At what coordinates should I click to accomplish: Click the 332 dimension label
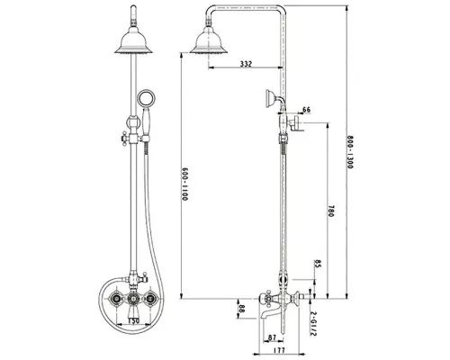click(246, 64)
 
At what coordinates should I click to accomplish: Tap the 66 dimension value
click(306, 110)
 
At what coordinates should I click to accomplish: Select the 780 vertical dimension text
click(330, 211)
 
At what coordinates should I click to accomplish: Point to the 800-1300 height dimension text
click(350, 152)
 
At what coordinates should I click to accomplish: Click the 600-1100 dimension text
click(184, 184)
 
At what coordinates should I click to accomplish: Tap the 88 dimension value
click(241, 309)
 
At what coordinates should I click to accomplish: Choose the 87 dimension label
click(272, 337)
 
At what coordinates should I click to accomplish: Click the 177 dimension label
click(279, 350)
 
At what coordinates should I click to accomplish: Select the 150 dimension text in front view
click(133, 320)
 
